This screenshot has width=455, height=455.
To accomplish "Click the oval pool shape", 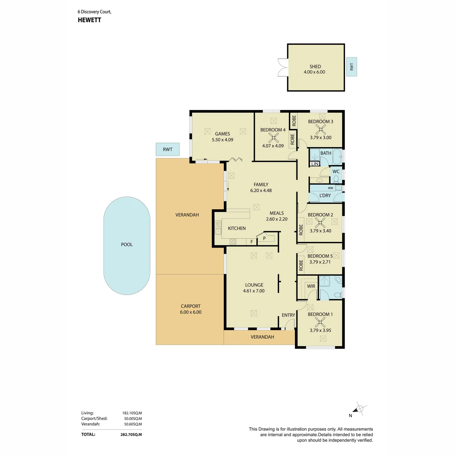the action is (127, 246).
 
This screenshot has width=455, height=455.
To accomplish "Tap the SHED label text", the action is (315, 67).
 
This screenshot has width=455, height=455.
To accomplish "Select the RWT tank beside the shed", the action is (351, 67).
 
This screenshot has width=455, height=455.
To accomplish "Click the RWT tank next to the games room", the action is (168, 149).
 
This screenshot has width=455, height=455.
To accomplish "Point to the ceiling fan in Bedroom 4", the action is (273, 138).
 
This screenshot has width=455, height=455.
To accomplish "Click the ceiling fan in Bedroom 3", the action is (321, 129).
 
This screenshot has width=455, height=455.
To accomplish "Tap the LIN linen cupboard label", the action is (315, 164).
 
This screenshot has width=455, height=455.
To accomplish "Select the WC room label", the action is (336, 172).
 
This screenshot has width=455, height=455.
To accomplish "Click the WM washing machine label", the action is (330, 188).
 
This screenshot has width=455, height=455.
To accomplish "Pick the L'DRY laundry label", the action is (325, 196).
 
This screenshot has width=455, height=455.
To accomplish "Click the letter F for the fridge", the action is (252, 242).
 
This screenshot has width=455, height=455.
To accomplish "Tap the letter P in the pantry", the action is (264, 238).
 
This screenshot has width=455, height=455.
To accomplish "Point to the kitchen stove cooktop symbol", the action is (233, 242).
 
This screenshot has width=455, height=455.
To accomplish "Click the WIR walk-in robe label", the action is (311, 286).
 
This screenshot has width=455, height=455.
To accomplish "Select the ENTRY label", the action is (288, 315).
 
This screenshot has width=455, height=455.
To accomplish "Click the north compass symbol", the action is (359, 409).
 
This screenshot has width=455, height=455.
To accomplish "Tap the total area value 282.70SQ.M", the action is (131, 435).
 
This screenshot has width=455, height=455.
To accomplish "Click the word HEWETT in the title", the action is (89, 20).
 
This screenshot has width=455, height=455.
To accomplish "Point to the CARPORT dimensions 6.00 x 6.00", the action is (191, 312).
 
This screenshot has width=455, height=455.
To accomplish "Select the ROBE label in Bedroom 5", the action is (301, 265).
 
